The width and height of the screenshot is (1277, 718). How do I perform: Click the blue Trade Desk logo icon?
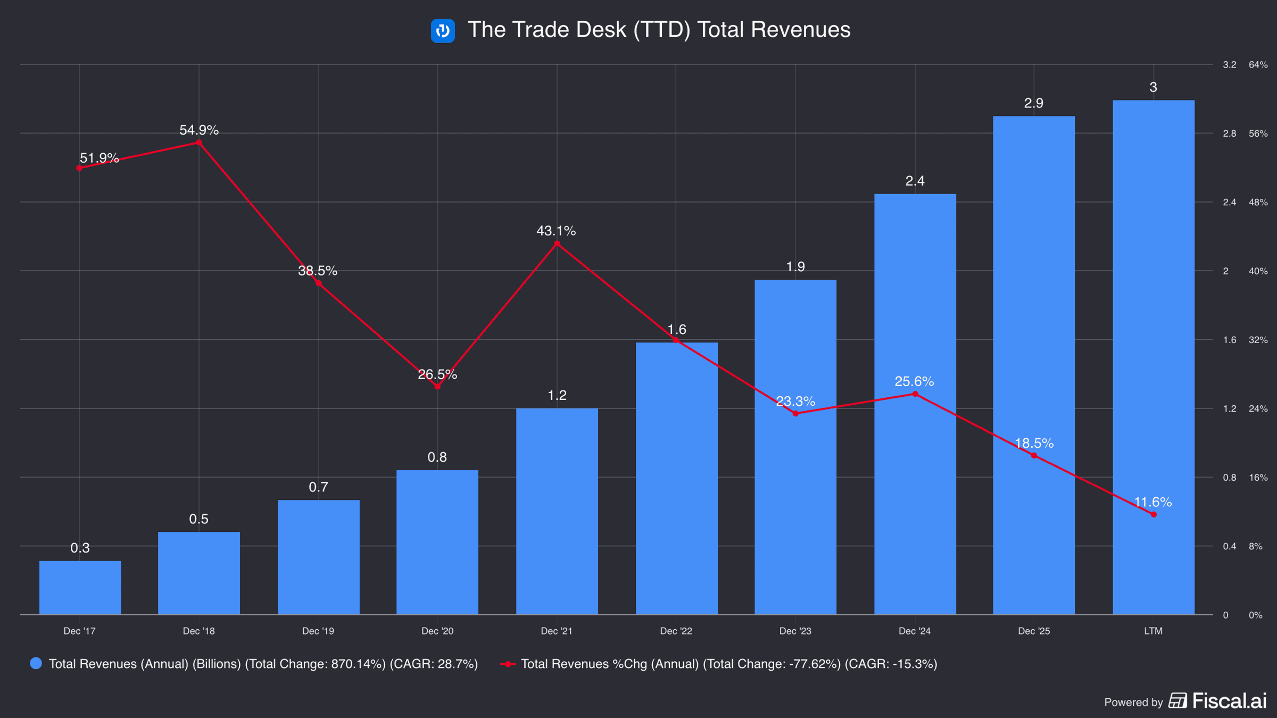[443, 30]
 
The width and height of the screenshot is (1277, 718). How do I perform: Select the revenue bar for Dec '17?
[80, 588]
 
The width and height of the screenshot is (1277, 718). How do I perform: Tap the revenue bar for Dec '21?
[557, 512]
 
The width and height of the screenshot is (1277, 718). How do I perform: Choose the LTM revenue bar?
[1154, 357]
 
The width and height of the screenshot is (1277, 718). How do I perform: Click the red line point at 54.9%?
[199, 143]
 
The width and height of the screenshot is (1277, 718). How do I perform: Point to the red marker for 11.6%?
[1154, 514]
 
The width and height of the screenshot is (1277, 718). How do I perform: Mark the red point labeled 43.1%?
[557, 244]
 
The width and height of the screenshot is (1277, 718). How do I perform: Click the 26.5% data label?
[437, 374]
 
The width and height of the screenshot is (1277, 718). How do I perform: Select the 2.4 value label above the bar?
[915, 181]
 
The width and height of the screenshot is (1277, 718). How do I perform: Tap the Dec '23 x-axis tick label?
[795, 631]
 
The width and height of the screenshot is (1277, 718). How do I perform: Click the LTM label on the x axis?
[1154, 631]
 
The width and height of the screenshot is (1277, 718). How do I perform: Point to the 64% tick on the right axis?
[1258, 65]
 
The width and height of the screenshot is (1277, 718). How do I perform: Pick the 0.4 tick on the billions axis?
[1230, 546]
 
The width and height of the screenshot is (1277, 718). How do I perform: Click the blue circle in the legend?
[36, 663]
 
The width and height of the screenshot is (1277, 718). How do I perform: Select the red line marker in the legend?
[508, 664]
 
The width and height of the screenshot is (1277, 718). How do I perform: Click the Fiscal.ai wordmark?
[1230, 701]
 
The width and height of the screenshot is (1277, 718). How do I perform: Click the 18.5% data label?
[1034, 443]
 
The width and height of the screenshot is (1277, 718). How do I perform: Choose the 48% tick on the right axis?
[1258, 203]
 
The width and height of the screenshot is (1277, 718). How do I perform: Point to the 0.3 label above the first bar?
[80, 548]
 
